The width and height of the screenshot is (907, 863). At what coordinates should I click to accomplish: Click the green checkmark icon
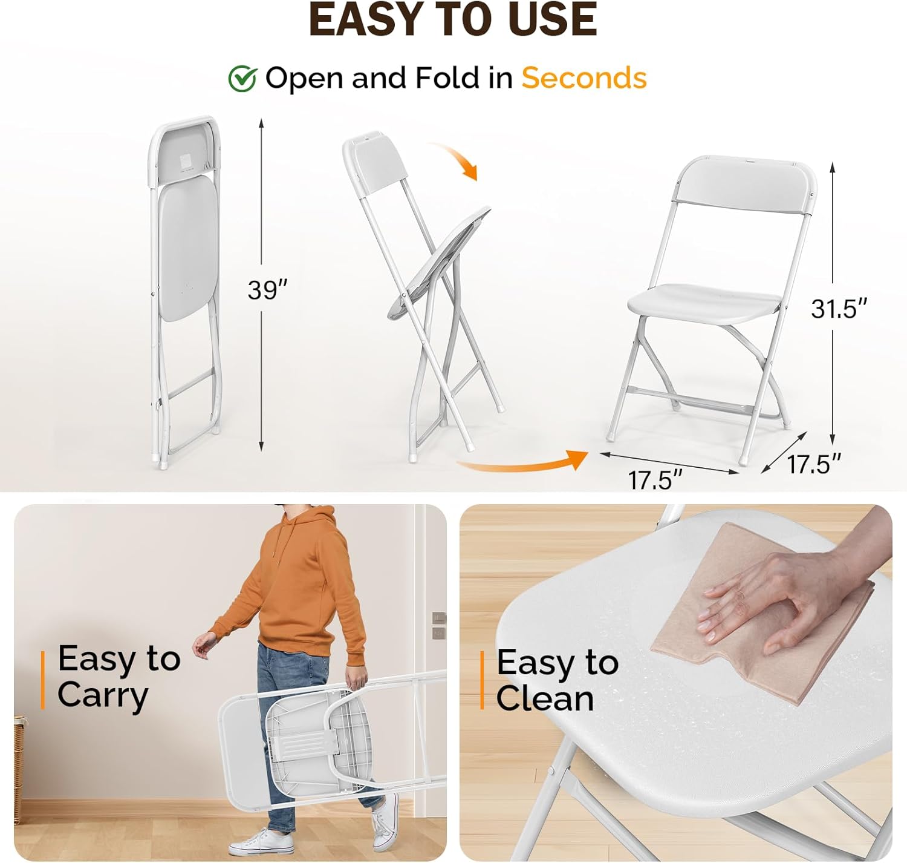point(242,79)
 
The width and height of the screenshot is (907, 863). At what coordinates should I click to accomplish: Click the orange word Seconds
point(584,77)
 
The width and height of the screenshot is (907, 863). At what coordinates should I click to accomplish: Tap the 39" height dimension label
point(268,290)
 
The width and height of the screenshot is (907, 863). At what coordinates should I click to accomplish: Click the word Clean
point(545,698)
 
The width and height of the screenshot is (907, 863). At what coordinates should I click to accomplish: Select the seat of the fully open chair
point(705,303)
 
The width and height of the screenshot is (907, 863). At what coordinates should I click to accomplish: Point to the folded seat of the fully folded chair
point(188,252)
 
